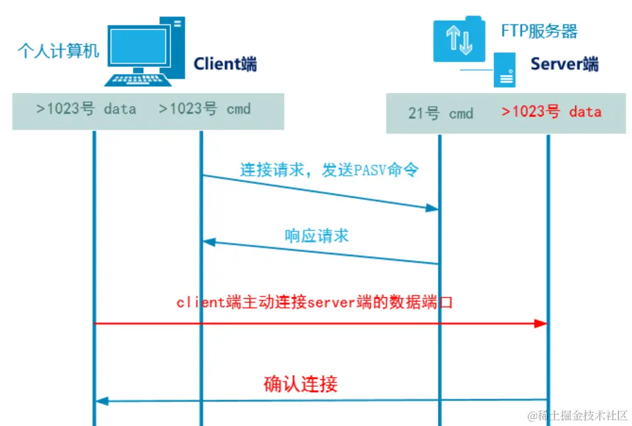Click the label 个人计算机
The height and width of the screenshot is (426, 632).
pyautogui.click(x=59, y=50)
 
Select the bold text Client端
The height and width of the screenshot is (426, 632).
pyautogui.click(x=225, y=64)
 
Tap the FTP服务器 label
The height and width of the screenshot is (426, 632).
pyautogui.click(x=539, y=30)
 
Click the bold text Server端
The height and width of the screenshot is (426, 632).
pyautogui.click(x=564, y=64)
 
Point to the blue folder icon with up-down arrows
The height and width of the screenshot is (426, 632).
pyautogui.click(x=459, y=39)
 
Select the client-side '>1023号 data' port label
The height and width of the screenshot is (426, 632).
pyautogui.click(x=86, y=109)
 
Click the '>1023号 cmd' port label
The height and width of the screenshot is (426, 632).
pyautogui.click(x=205, y=109)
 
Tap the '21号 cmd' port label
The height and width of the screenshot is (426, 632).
pyautogui.click(x=440, y=113)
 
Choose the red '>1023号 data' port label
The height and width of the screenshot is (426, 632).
pyautogui.click(x=551, y=112)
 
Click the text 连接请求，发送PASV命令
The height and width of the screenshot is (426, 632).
pyautogui.click(x=329, y=170)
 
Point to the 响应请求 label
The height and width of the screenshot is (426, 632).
pyautogui.click(x=317, y=236)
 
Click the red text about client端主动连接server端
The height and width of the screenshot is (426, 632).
pyautogui.click(x=315, y=303)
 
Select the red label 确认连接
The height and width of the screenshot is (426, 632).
pyautogui.click(x=300, y=384)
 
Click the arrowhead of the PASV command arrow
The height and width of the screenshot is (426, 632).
pyautogui.click(x=432, y=208)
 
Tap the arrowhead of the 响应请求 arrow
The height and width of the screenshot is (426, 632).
pyautogui.click(x=208, y=242)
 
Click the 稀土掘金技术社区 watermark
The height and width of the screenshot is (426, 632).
pyautogui.click(x=578, y=415)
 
